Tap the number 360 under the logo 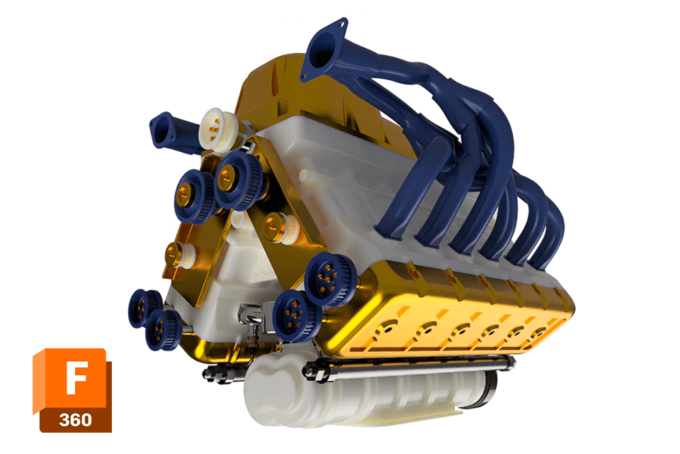[x=76, y=419]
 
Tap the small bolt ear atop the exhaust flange [x=341, y=24]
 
